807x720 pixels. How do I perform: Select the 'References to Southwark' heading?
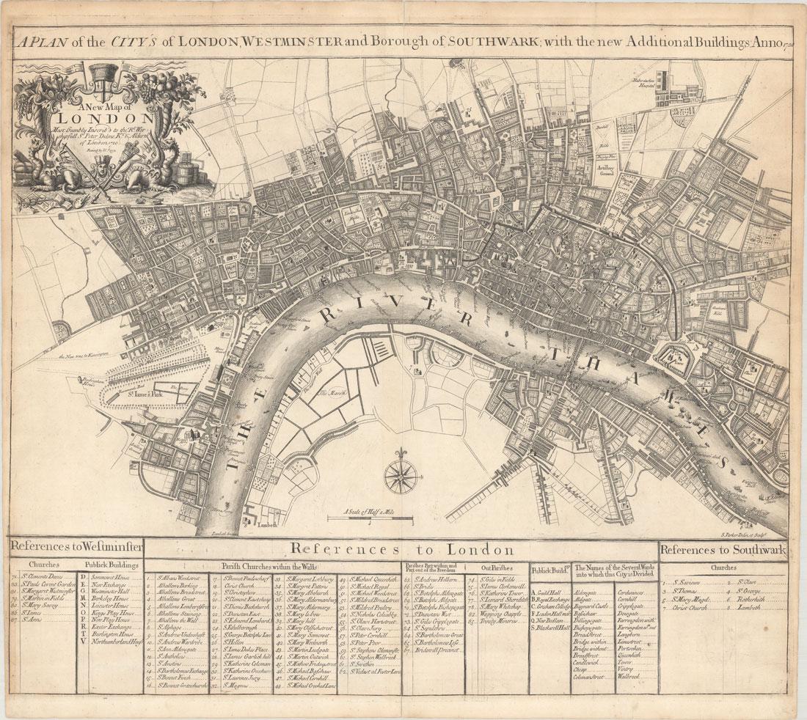723,549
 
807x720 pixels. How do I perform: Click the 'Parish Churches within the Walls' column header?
271,567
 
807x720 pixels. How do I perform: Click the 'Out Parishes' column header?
495,567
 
